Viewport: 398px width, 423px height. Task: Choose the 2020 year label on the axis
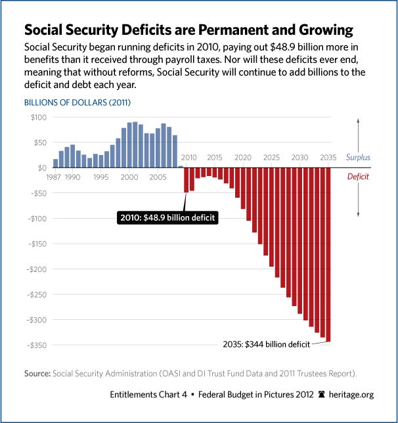pos(244,158)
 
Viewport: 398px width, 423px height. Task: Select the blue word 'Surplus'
pos(357,158)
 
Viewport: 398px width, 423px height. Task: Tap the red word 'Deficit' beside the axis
pos(357,177)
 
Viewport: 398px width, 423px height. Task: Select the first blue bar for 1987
pos(55,163)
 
